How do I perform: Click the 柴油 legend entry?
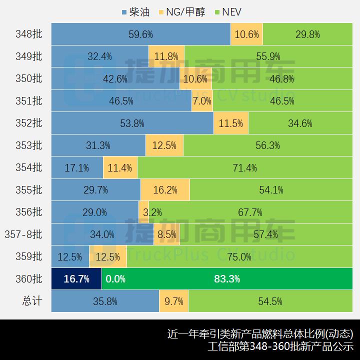(x=135, y=11)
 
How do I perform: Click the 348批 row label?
(x=29, y=34)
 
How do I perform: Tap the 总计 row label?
(x=32, y=301)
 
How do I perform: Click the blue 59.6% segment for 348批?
(x=140, y=34)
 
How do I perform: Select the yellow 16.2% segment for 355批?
(x=165, y=190)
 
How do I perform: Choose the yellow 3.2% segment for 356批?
(x=144, y=212)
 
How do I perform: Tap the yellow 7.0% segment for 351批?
(x=202, y=101)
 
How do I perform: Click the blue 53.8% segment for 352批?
(x=132, y=123)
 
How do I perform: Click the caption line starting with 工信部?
(x=280, y=346)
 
